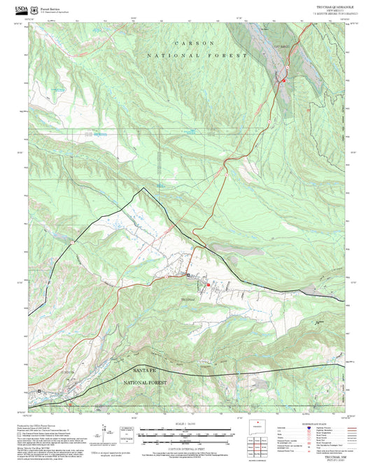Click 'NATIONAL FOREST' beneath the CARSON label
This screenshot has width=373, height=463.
pyautogui.click(x=197, y=55)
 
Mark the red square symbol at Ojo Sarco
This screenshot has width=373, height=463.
pyautogui.click(x=284, y=81)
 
